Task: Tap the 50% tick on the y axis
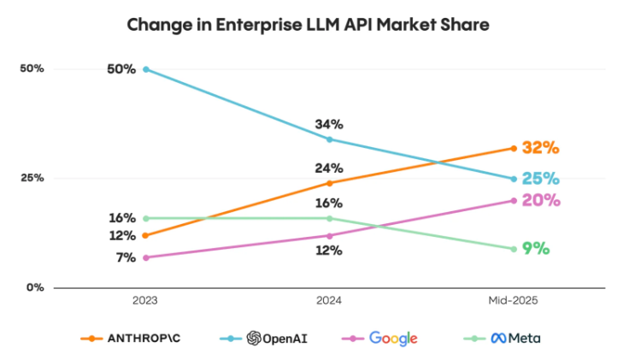[32, 68]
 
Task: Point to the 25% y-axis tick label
[32, 178]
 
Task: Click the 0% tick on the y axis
[34, 287]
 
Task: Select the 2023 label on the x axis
[145, 302]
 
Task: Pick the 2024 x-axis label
[329, 302]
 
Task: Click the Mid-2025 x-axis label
[513, 302]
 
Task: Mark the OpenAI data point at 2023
[146, 68]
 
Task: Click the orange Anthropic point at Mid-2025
[514, 148]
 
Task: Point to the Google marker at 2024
[330, 235]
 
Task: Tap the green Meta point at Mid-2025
[514, 249]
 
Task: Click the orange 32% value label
[541, 148]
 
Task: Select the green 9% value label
[536, 249]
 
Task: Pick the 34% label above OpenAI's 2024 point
[329, 124]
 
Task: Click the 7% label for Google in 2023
[124, 257]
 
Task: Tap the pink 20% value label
[541, 200]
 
